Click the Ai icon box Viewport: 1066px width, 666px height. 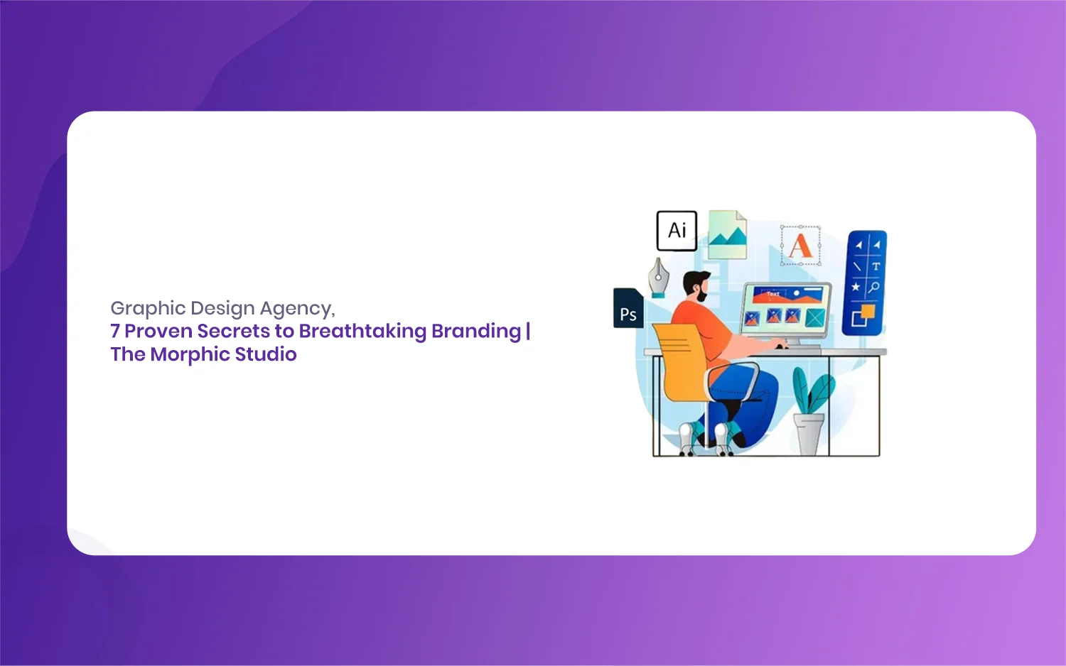click(677, 231)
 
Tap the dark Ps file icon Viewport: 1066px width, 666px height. click(628, 308)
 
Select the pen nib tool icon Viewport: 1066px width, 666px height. click(658, 278)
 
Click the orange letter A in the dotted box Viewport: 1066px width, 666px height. click(800, 246)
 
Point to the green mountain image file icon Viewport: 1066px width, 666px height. click(727, 235)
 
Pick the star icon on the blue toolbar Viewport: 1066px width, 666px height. click(856, 287)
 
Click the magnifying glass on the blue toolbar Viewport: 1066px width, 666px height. click(874, 287)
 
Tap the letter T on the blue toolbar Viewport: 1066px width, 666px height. click(876, 266)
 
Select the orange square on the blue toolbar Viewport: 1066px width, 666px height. click(868, 312)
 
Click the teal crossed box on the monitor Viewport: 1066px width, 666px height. click(814, 317)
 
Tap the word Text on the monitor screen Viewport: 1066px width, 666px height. click(773, 294)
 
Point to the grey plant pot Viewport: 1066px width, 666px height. click(809, 434)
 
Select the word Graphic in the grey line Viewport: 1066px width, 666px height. click(148, 309)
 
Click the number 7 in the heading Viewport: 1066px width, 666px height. click(114, 331)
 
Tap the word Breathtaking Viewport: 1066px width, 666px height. click(362, 331)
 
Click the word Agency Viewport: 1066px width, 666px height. click(298, 309)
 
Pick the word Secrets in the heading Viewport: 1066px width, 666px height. click(234, 331)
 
